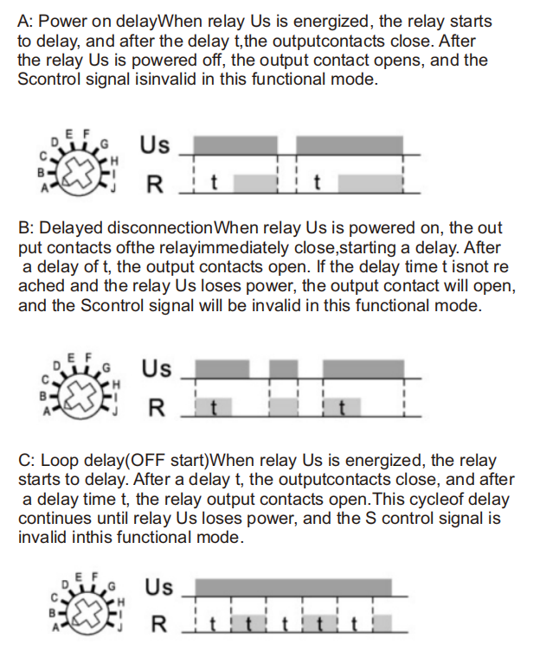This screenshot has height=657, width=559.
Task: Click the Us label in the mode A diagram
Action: pos(155,145)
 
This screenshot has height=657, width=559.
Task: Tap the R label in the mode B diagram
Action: pos(157,408)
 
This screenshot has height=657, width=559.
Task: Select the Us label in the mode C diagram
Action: pos(159,587)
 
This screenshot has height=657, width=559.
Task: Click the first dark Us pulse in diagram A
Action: pos(235,145)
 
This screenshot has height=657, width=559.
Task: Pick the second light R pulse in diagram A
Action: pos(369,184)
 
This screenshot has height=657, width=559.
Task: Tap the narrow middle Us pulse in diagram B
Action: pos(284,369)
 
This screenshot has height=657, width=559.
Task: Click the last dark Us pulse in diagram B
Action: pos(363,369)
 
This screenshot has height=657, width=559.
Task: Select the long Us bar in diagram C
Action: pos(293,588)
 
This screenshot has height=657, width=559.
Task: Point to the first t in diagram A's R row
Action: pos(214,182)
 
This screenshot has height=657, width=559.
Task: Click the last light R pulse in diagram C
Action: pos(382,623)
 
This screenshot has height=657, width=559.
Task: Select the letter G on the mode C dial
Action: pos(112,586)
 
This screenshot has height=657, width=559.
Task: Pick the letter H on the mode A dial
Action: pos(114,161)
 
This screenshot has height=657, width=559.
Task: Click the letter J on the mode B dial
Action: pos(113,412)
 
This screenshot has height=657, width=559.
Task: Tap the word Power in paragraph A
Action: pos(63,22)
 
